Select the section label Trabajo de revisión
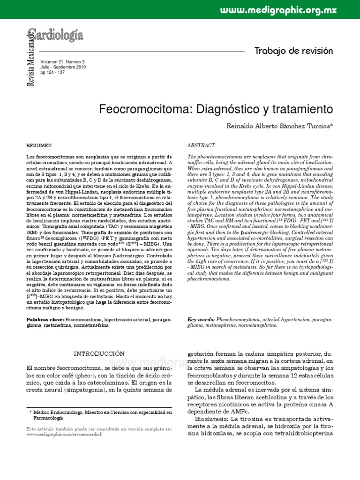coord(293,51)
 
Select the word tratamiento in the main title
coord(298,109)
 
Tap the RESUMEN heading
coord(39,146)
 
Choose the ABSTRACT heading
coord(201,146)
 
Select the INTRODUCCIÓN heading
coord(100,353)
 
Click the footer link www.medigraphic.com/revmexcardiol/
coord(64,435)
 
